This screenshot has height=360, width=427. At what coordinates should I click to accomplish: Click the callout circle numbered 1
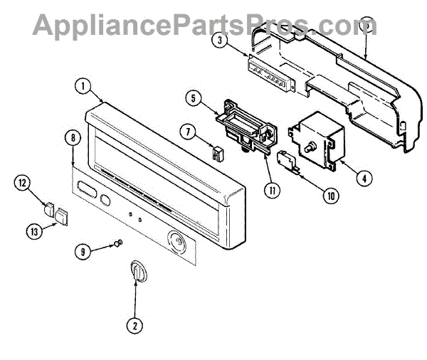(x=84, y=88)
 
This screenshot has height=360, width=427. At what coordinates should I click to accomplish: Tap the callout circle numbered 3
(x=222, y=41)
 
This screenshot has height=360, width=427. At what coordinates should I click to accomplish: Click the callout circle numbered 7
(x=188, y=131)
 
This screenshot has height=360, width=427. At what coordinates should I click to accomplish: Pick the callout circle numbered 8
(x=72, y=139)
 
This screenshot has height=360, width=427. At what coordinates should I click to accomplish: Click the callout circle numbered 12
(x=23, y=184)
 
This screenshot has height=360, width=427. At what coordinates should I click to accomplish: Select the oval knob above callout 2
(x=137, y=272)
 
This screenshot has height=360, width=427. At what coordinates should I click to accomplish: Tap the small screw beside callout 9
(x=117, y=245)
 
